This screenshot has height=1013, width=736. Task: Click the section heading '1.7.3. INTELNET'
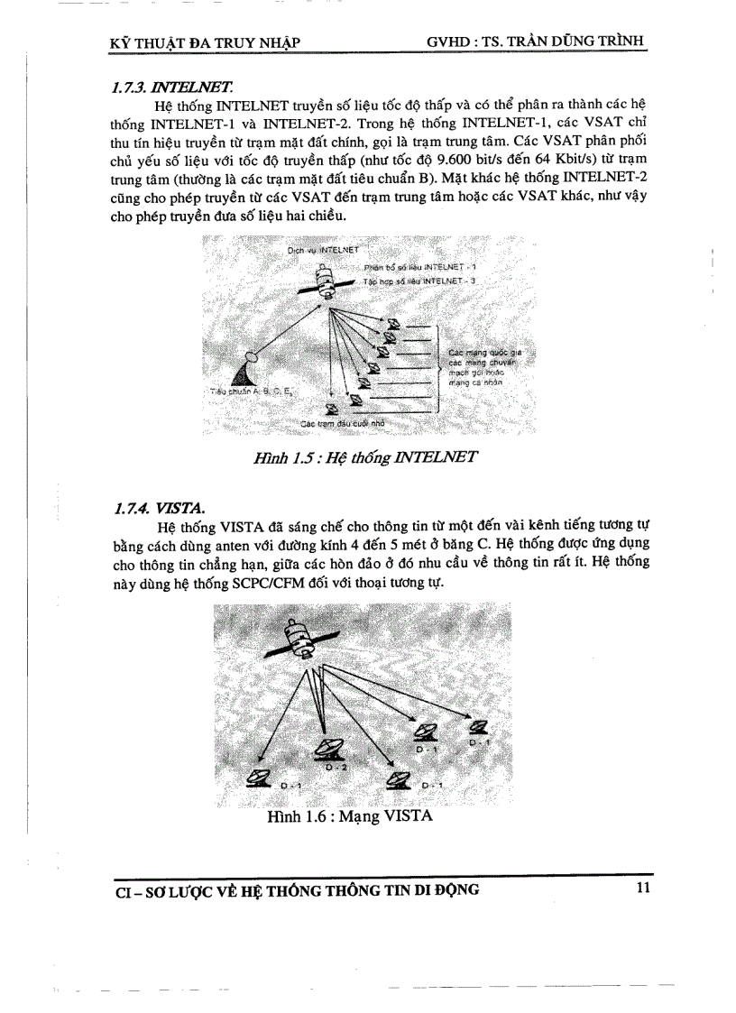(x=171, y=87)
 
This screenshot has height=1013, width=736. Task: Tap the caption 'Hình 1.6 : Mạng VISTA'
(x=350, y=816)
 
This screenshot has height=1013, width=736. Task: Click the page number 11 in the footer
(x=642, y=889)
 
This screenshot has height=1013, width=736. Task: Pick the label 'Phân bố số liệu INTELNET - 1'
(x=420, y=268)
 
